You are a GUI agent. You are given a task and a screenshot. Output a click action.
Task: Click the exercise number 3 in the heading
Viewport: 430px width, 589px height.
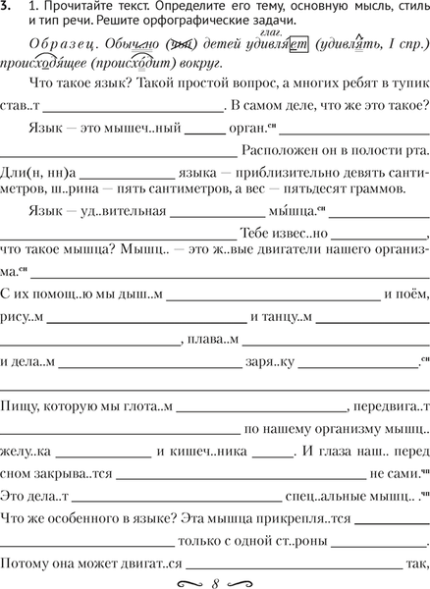tap(8, 8)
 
